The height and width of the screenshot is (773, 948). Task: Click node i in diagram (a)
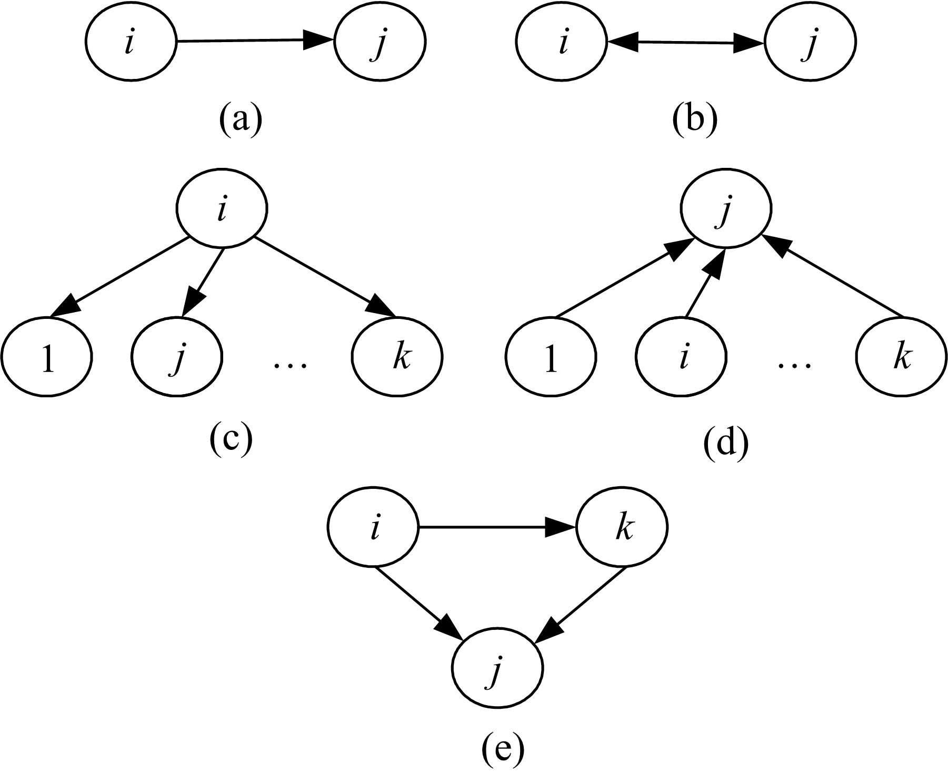130,42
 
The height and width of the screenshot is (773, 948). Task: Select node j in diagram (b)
810,43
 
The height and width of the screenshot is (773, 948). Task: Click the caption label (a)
240,119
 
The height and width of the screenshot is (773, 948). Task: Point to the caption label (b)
695,119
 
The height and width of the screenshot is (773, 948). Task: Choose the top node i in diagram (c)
221,209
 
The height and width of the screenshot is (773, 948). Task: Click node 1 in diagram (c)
47,357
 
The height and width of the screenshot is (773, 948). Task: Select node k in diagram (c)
398,357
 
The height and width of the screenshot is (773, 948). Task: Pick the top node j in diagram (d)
726,209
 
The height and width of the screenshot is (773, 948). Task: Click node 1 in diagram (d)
551,357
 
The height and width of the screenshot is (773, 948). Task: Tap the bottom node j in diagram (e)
497,668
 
